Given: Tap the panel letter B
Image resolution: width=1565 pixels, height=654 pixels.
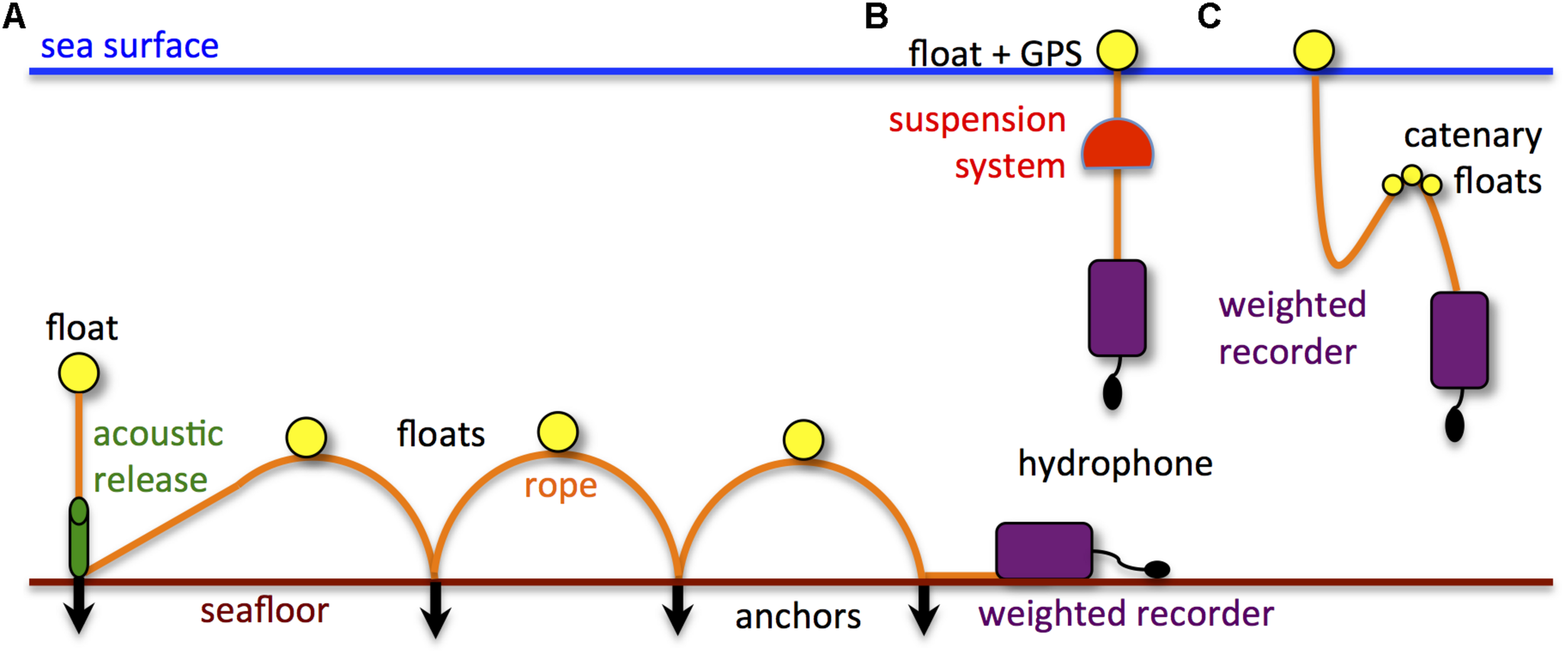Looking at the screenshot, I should point(876,17).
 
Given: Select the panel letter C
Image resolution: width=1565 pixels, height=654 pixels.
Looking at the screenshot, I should point(1209,16).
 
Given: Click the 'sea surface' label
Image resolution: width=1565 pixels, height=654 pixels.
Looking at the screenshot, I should point(130,46).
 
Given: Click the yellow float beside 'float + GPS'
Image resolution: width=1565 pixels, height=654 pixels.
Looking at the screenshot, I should point(1117,50).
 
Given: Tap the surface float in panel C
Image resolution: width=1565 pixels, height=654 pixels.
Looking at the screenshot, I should point(1313,50).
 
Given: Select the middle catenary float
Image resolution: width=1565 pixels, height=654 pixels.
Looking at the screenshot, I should point(1412,175).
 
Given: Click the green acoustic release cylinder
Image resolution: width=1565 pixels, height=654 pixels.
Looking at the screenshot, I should point(79,538).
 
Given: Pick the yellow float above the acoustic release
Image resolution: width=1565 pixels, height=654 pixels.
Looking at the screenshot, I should point(79,373).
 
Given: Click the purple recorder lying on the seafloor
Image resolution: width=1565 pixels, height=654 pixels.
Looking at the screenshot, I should point(1044,551).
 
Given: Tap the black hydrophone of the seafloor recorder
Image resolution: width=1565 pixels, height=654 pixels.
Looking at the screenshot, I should point(1157,569).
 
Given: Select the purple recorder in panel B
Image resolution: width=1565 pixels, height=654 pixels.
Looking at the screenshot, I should point(1117,309).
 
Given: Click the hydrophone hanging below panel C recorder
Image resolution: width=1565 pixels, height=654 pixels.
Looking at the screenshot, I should point(1454,426).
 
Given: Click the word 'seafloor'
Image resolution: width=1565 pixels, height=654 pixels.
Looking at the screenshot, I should point(264,611).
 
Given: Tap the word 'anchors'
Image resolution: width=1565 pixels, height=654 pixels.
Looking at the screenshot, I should point(798,617).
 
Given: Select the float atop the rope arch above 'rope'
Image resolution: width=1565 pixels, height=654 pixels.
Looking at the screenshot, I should point(557,432).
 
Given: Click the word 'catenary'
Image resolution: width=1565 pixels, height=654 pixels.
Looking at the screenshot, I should point(1472,136).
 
